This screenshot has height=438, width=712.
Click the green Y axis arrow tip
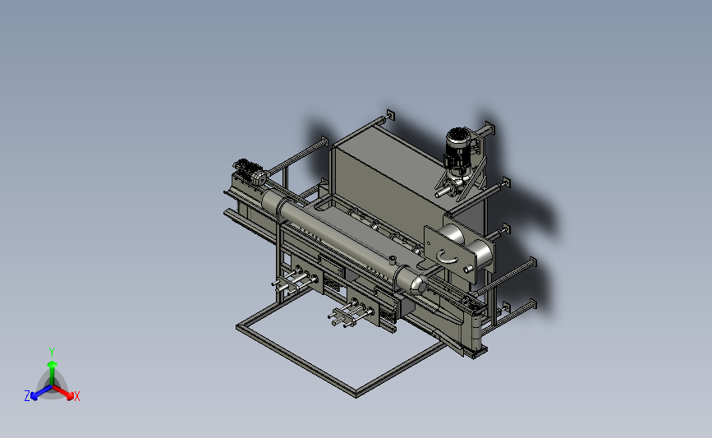52,363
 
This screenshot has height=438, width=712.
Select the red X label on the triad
76,396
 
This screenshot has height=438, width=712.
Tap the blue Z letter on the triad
27,396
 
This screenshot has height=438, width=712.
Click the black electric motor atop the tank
458,149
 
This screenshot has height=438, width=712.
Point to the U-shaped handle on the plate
448,257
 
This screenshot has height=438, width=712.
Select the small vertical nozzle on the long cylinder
392,260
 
